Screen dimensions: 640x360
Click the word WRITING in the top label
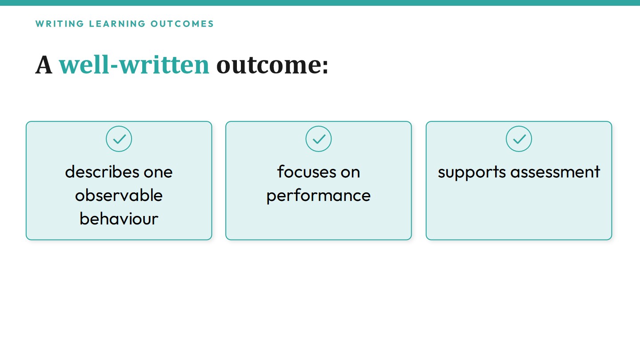[60, 24]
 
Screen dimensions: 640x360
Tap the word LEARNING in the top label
[117, 24]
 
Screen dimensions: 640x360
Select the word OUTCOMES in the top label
[182, 24]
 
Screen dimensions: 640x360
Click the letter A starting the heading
[44, 65]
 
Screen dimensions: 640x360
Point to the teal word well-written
[134, 65]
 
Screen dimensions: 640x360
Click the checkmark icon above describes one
[119, 139]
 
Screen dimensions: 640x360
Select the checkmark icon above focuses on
[319, 139]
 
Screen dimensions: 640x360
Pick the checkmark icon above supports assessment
[519, 139]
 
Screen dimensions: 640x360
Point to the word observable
[119, 195]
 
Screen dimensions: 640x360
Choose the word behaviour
[119, 219]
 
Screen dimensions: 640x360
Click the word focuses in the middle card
[306, 172]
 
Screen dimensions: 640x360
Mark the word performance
[319, 196]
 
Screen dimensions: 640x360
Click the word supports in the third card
[472, 173]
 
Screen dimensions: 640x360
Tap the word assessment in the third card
[555, 172]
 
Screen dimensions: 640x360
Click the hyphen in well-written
[114, 67]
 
